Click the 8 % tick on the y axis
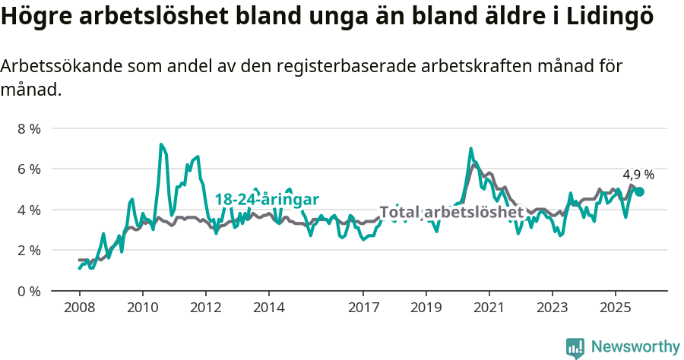(30, 128)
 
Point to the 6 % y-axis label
(30, 169)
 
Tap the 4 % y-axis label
(30, 210)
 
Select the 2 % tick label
(30, 250)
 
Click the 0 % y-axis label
(30, 291)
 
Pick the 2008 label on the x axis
(79, 308)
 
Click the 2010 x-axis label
(142, 308)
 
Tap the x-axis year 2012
(205, 308)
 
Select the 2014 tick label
(268, 308)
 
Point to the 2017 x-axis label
(363, 308)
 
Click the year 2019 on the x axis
(426, 308)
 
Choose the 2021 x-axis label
(489, 308)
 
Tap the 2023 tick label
(553, 308)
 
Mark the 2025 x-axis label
(616, 308)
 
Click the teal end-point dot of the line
(640, 191)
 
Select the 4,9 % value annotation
(638, 175)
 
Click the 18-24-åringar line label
(267, 199)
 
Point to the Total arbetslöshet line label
(451, 212)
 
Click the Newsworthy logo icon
(575, 348)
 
